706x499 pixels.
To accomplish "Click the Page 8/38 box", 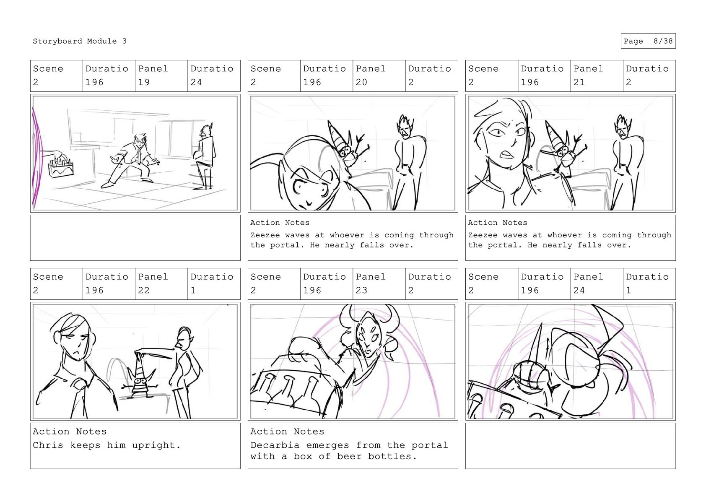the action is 648,41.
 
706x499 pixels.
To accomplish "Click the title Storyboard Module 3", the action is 79,41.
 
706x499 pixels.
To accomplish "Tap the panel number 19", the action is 144,82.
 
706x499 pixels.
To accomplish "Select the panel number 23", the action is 361,290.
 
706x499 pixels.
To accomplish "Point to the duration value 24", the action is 196,82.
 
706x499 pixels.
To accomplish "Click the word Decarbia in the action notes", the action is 275,445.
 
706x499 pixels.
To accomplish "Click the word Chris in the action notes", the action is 48,445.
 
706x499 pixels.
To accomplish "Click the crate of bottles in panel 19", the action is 61,167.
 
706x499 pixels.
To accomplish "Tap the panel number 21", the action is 579,82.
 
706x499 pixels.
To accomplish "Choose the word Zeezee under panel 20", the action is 265,235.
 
